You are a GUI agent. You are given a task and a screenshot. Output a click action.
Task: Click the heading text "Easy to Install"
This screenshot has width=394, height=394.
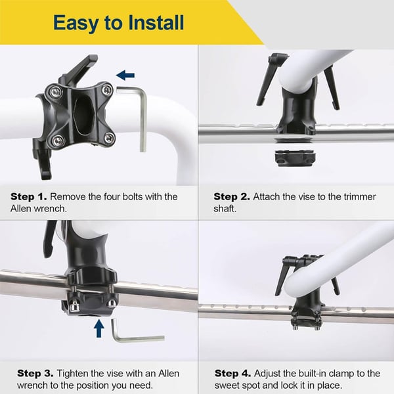click(x=118, y=23)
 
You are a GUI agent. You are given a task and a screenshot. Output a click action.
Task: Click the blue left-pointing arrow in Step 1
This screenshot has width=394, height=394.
click(x=125, y=76)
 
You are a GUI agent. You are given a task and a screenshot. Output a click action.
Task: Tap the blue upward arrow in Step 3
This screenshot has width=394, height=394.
click(x=98, y=327)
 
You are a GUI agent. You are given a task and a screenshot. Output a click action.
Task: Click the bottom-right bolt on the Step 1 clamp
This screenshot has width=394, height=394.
click(x=109, y=138)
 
